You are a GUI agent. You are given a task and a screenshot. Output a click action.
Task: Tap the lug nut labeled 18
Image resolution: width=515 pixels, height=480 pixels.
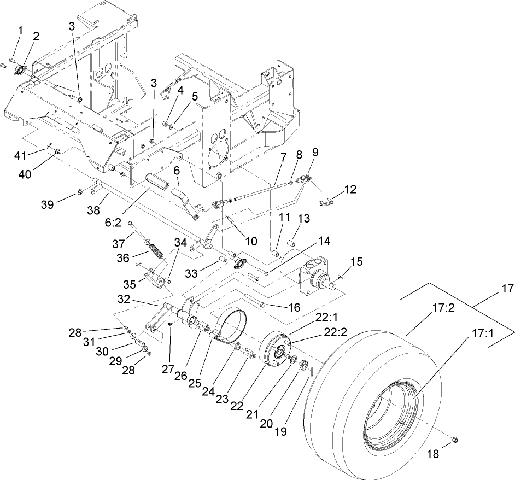(x=455, y=440)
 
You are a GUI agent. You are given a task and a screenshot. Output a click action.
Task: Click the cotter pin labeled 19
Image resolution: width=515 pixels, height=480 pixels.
(x=311, y=372)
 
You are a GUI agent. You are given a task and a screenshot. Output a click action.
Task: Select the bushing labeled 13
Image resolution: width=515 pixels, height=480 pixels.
(x=292, y=242)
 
